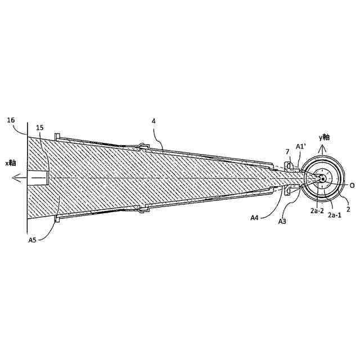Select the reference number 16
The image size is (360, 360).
pos(11,120)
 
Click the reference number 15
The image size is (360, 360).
pos(40,128)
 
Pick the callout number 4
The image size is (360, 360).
pos(153,121)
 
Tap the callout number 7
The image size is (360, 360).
pos(287,152)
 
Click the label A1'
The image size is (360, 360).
pos(301,146)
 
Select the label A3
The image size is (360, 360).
pos(282,222)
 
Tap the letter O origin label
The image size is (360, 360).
pos(352,184)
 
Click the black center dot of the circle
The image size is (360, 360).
pos(323,178)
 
